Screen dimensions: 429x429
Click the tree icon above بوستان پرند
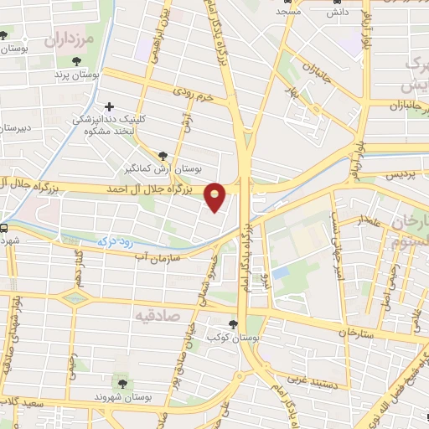point(77,61)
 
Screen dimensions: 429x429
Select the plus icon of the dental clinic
point(109,107)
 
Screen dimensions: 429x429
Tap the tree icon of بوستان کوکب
point(233,324)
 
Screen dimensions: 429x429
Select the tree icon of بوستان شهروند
point(123,383)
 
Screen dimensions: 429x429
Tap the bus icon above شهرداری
point(4,227)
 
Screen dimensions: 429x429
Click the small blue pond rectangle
point(281,273)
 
